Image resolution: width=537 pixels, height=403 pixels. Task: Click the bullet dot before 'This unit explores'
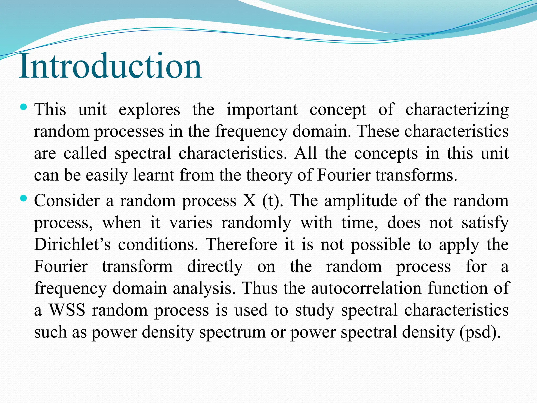pyautogui.click(x=23, y=107)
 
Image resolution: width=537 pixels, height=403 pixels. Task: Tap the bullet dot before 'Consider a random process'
pyautogui.click(x=23, y=198)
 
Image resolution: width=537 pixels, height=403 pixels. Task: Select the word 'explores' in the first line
pyautogui.click(x=149, y=110)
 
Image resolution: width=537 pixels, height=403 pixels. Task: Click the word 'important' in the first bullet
pyautogui.click(x=262, y=110)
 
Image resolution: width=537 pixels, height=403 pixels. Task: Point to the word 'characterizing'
pyautogui.click(x=457, y=110)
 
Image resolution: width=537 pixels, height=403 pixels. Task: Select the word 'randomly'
pyautogui.click(x=256, y=223)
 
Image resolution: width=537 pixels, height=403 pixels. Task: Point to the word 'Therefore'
pyautogui.click(x=241, y=245)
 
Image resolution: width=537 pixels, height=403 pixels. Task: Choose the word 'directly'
pyautogui.click(x=215, y=267)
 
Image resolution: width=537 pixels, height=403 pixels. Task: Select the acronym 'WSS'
pyautogui.click(x=67, y=310)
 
